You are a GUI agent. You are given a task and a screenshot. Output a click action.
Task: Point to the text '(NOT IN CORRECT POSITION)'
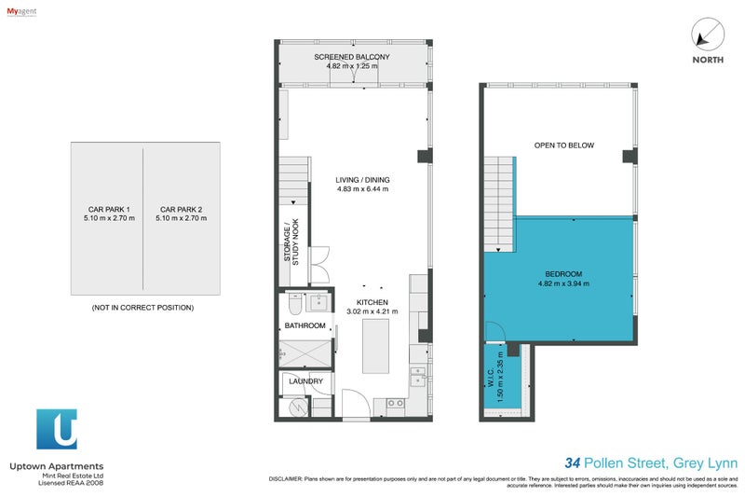(x=142, y=307)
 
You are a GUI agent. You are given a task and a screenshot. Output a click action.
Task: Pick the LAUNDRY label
(x=305, y=381)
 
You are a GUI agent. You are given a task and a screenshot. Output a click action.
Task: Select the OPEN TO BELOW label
(x=563, y=145)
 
